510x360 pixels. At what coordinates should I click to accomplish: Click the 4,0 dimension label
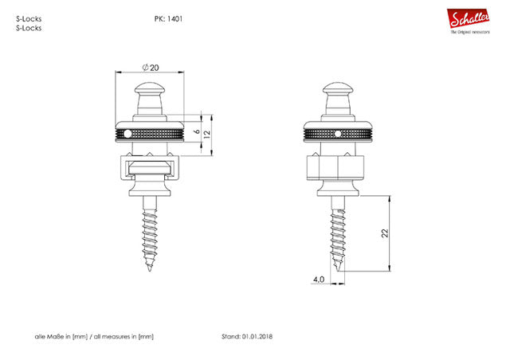pyautogui.click(x=318, y=280)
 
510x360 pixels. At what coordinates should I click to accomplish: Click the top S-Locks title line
pyautogui.click(x=29, y=18)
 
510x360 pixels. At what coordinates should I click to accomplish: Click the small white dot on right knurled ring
pyautogui.click(x=339, y=132)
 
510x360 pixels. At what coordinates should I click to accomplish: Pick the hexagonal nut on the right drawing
pyautogui.click(x=339, y=170)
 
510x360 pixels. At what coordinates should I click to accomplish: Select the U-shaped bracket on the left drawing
pyautogui.click(x=150, y=170)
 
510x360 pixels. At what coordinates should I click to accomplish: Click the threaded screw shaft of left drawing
pyautogui.click(x=150, y=235)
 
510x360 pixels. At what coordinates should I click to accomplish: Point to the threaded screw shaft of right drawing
pyautogui.click(x=339, y=235)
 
